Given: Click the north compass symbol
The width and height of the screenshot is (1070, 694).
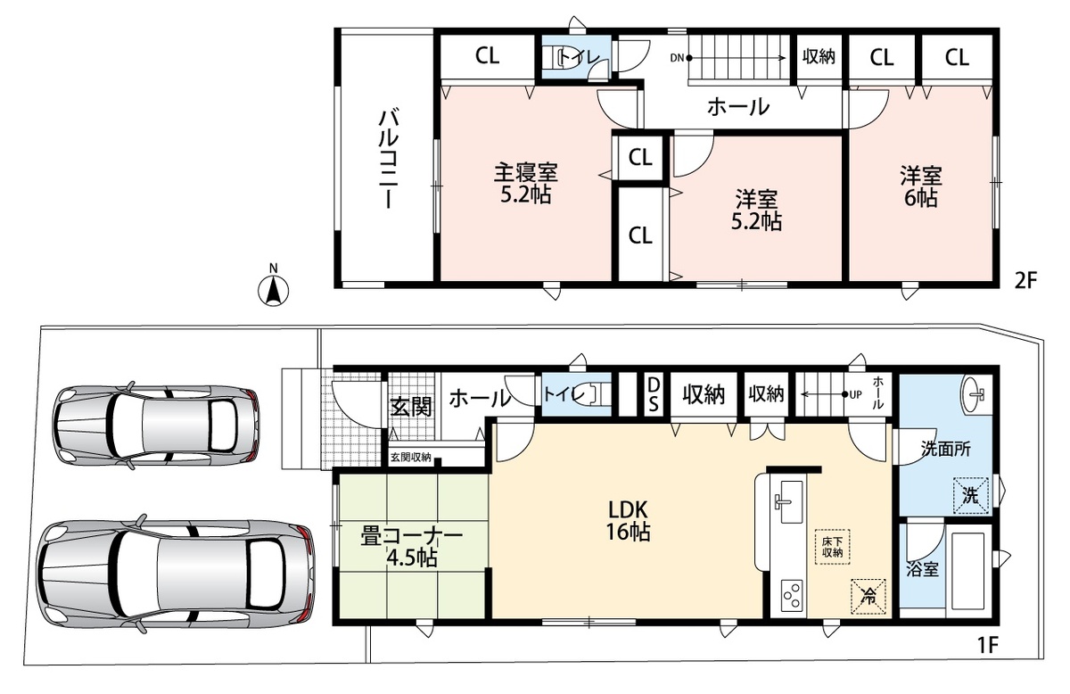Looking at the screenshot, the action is click(273, 286).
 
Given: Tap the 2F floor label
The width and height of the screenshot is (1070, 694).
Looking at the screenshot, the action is click(1026, 281).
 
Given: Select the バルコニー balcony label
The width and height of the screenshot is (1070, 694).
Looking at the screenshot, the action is click(389, 159).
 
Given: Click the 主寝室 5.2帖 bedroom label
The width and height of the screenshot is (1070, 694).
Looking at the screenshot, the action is click(525, 183).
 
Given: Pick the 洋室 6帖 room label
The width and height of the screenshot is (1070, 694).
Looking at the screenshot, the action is click(920, 186).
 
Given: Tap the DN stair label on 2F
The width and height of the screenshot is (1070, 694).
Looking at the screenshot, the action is click(677, 58).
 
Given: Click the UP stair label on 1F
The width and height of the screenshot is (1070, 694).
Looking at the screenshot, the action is click(855, 395).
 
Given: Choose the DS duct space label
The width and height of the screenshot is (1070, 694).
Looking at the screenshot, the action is click(653, 395).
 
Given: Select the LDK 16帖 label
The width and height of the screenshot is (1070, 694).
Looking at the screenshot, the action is click(628, 521).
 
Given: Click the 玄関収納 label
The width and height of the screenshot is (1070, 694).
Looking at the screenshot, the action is click(411, 458).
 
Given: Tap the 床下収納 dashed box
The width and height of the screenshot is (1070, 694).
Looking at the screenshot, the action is click(832, 547).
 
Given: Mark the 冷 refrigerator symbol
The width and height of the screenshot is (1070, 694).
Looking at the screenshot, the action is click(868, 597).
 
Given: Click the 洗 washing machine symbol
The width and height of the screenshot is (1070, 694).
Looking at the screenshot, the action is click(971, 496).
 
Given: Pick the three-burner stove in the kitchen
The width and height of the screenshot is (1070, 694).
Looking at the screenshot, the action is click(792, 595).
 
